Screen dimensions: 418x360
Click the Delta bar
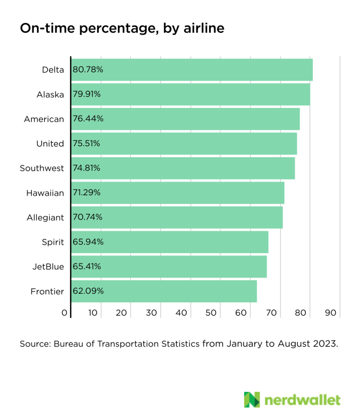click(x=192, y=70)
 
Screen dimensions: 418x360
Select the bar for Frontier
click(x=164, y=291)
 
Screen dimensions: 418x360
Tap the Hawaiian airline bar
click(x=178, y=193)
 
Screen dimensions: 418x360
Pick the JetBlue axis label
click(x=48, y=267)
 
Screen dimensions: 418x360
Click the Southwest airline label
click(x=42, y=169)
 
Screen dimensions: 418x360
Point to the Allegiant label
click(x=45, y=218)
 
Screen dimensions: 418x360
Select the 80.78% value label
click(x=88, y=70)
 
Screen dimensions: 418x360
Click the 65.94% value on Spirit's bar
click(x=88, y=242)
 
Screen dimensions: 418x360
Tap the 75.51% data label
click(x=86, y=144)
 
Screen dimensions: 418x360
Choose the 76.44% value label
click(x=88, y=119)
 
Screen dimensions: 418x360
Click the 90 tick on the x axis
click(x=331, y=313)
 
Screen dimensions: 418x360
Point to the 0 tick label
click(x=65, y=313)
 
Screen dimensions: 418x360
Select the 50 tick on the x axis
click(x=211, y=313)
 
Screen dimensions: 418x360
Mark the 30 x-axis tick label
click(x=151, y=313)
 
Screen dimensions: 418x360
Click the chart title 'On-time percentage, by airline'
click(x=122, y=29)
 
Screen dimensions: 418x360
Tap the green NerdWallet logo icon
click(x=252, y=400)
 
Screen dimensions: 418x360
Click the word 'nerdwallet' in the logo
click(x=302, y=400)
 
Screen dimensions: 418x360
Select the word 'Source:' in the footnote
click(x=35, y=344)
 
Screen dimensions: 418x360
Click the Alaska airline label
click(x=50, y=95)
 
